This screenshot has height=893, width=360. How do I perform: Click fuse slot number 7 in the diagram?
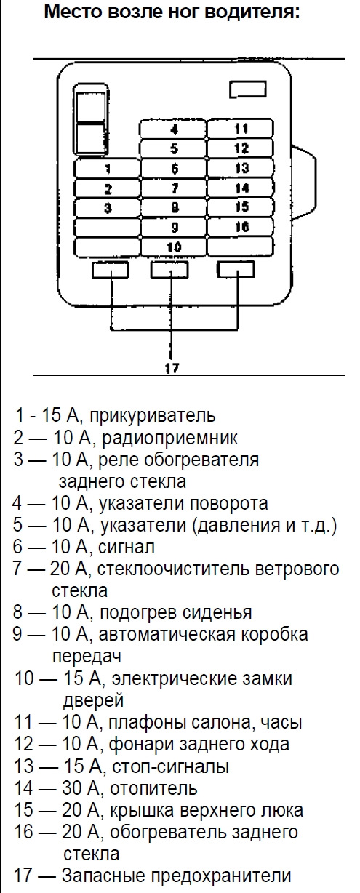[174, 188]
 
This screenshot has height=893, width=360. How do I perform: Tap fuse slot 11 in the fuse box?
[241, 129]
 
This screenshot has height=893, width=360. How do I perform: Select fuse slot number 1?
[107, 169]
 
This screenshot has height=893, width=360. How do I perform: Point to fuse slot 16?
[241, 227]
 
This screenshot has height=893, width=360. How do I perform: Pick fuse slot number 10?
[174, 247]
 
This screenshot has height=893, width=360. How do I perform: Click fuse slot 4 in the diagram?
[174, 129]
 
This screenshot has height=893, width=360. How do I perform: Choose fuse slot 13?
[241, 168]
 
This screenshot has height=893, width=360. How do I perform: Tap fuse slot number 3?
[107, 208]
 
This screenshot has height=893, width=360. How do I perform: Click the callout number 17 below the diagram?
[172, 367]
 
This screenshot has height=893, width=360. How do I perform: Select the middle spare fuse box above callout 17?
[169, 270]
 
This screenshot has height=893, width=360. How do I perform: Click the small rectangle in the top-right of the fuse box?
[247, 89]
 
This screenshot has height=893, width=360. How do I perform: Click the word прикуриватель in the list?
[152, 415]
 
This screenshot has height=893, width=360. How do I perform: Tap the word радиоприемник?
[170, 438]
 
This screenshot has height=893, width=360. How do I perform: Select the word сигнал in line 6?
[127, 547]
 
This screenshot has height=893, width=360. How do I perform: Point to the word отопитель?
[153, 788]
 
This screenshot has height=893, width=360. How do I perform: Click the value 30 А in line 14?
[80, 788]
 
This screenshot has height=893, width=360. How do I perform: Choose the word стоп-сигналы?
[171, 766]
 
